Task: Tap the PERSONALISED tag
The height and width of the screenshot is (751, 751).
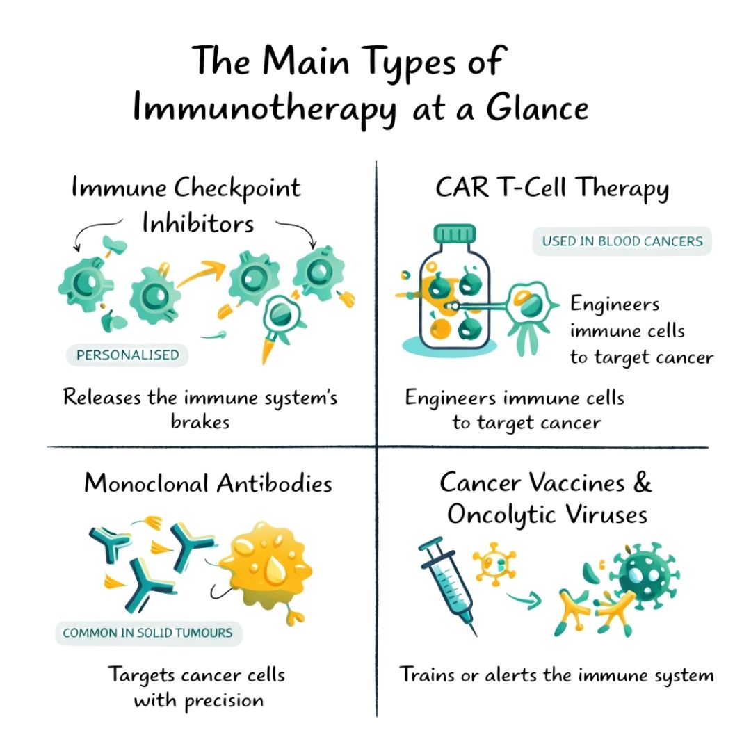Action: coord(127,355)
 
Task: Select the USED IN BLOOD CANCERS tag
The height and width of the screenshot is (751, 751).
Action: coord(622,241)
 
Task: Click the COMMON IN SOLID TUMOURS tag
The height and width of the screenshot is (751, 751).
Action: coord(149,633)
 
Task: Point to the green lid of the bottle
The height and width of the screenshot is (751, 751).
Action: coord(455,233)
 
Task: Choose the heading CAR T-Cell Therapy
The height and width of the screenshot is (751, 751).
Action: coord(551,188)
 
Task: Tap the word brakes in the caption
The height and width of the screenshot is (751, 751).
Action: coord(200,421)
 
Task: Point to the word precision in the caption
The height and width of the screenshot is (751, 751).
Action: coord(224,701)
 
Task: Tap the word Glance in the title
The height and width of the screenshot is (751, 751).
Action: coord(537,108)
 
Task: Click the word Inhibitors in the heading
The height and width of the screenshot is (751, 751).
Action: coord(197,223)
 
